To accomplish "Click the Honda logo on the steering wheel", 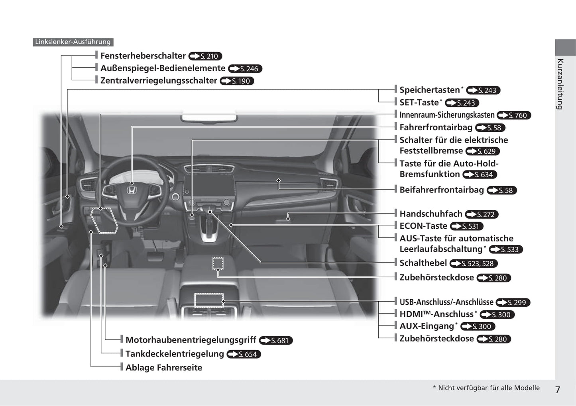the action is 132,190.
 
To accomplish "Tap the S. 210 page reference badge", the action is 205,56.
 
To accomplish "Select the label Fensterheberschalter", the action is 143,56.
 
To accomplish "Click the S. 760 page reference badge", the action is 514,116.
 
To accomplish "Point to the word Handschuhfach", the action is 431,214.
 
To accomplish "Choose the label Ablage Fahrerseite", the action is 164,367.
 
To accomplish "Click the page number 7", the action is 558,390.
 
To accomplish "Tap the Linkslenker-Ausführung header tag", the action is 73,42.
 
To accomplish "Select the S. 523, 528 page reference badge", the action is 474,263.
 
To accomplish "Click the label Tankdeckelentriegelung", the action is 175,354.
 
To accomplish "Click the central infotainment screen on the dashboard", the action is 209,187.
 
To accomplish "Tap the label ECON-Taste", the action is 423,226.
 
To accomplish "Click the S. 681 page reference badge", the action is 276,341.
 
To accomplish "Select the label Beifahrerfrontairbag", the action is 442,190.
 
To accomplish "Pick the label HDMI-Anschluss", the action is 437,314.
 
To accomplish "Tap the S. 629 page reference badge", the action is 483,151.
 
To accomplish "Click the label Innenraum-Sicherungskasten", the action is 447,115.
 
